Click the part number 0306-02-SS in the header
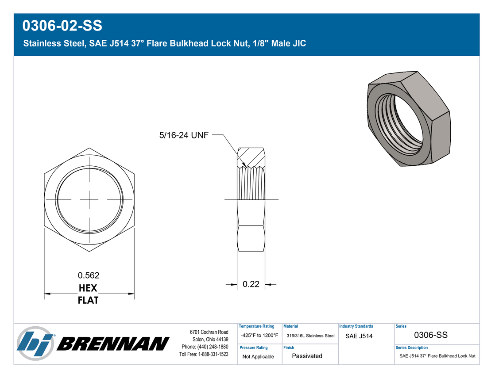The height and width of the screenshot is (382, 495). (x=62, y=26)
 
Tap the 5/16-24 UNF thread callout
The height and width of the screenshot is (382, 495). (x=184, y=135)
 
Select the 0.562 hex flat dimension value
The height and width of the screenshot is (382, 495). (x=89, y=275)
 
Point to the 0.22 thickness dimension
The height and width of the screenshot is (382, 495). (x=251, y=284)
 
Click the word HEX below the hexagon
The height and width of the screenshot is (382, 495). (x=88, y=288)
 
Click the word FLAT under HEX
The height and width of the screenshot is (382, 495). (x=88, y=300)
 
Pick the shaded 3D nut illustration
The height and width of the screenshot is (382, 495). (x=409, y=118)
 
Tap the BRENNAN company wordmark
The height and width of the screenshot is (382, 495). (x=113, y=344)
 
